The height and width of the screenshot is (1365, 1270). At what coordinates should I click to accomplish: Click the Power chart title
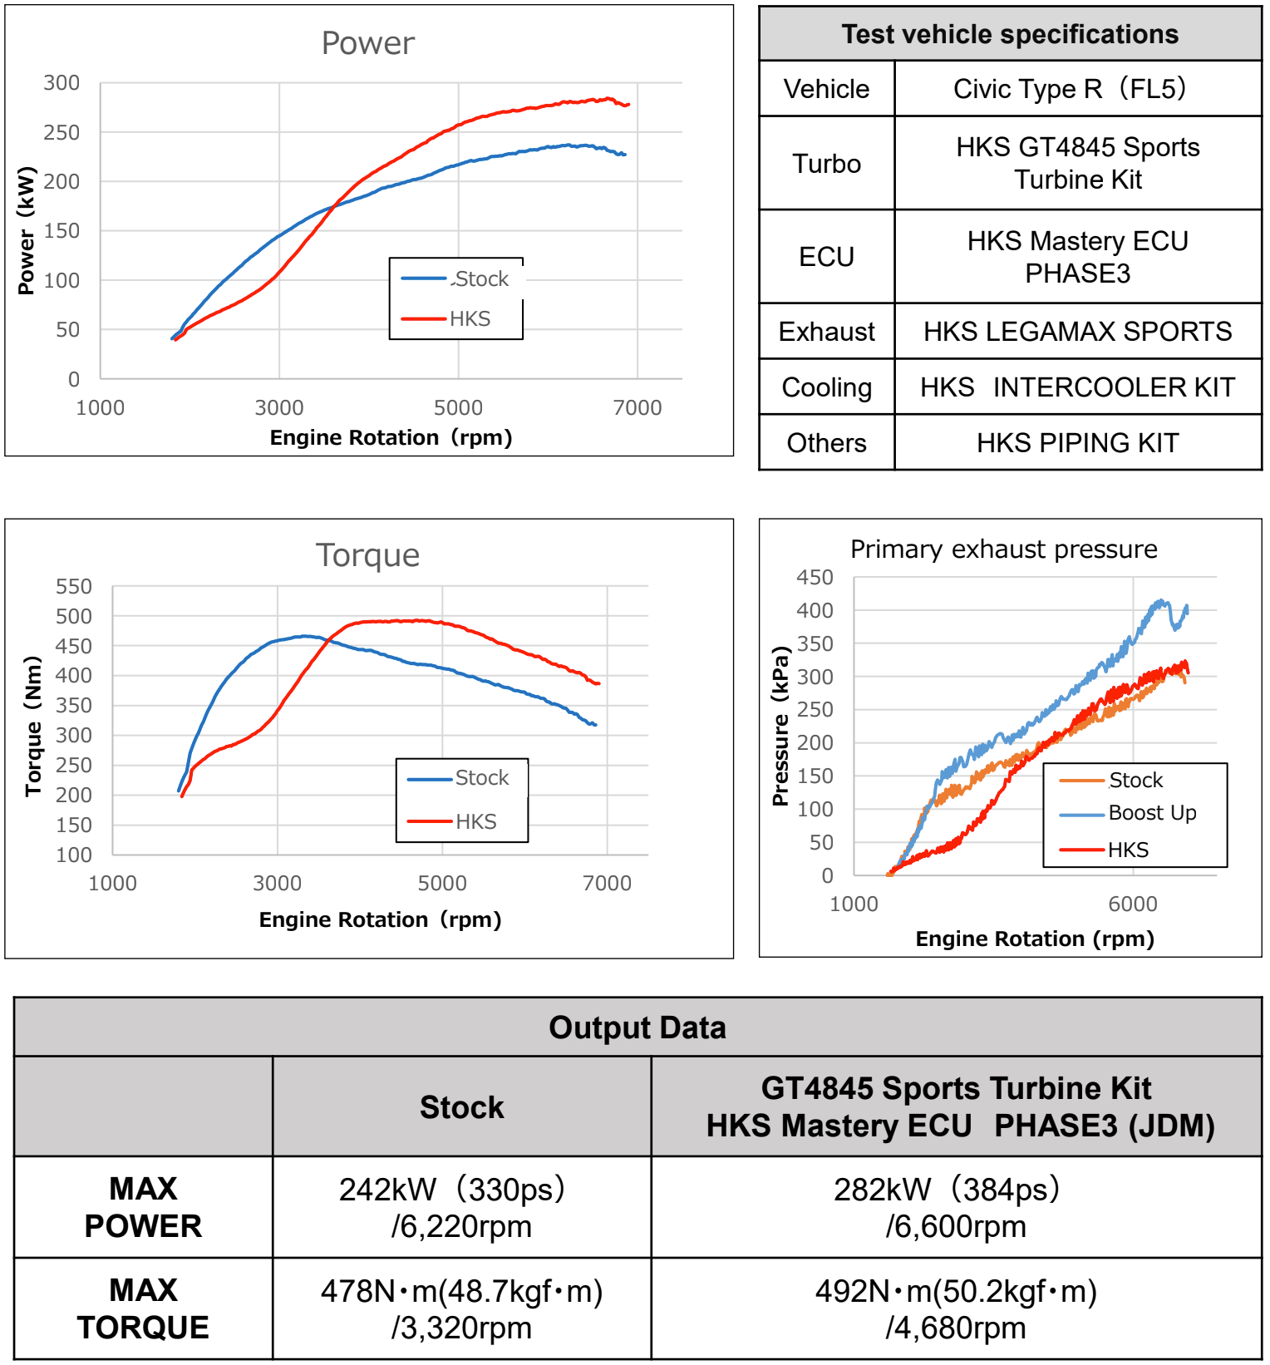[367, 43]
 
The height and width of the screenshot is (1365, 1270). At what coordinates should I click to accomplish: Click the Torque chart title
[367, 555]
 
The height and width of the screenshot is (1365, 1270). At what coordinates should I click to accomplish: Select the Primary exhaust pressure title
[1003, 549]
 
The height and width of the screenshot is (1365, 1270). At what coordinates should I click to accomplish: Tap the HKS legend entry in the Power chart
[470, 319]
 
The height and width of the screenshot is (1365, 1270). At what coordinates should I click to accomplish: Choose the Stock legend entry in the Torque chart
[481, 778]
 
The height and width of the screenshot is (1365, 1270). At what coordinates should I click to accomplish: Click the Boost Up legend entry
[1152, 813]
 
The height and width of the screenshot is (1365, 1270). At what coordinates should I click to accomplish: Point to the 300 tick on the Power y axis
[62, 83]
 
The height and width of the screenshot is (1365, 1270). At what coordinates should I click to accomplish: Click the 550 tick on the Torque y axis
[73, 587]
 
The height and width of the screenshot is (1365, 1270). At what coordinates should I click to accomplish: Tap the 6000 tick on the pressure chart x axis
[1132, 904]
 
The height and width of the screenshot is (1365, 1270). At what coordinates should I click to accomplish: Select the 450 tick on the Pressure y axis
[815, 578]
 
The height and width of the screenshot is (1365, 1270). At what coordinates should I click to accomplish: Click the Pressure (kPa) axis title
[780, 726]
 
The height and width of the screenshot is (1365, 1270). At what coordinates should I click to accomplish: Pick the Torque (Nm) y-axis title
[32, 726]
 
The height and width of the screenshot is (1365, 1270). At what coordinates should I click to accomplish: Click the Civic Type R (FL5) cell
[1077, 89]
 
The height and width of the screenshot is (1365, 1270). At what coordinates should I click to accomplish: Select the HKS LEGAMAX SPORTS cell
[1077, 332]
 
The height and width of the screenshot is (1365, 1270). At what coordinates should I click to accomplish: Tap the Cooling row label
[826, 387]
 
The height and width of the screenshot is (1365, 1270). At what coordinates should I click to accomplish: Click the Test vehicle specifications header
[1010, 34]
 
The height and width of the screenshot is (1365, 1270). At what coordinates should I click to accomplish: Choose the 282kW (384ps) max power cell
[955, 1207]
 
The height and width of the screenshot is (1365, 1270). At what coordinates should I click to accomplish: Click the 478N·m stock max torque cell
[461, 1308]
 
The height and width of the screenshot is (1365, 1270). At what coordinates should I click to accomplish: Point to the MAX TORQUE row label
[143, 1308]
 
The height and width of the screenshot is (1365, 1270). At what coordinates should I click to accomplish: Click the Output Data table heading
[637, 1027]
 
